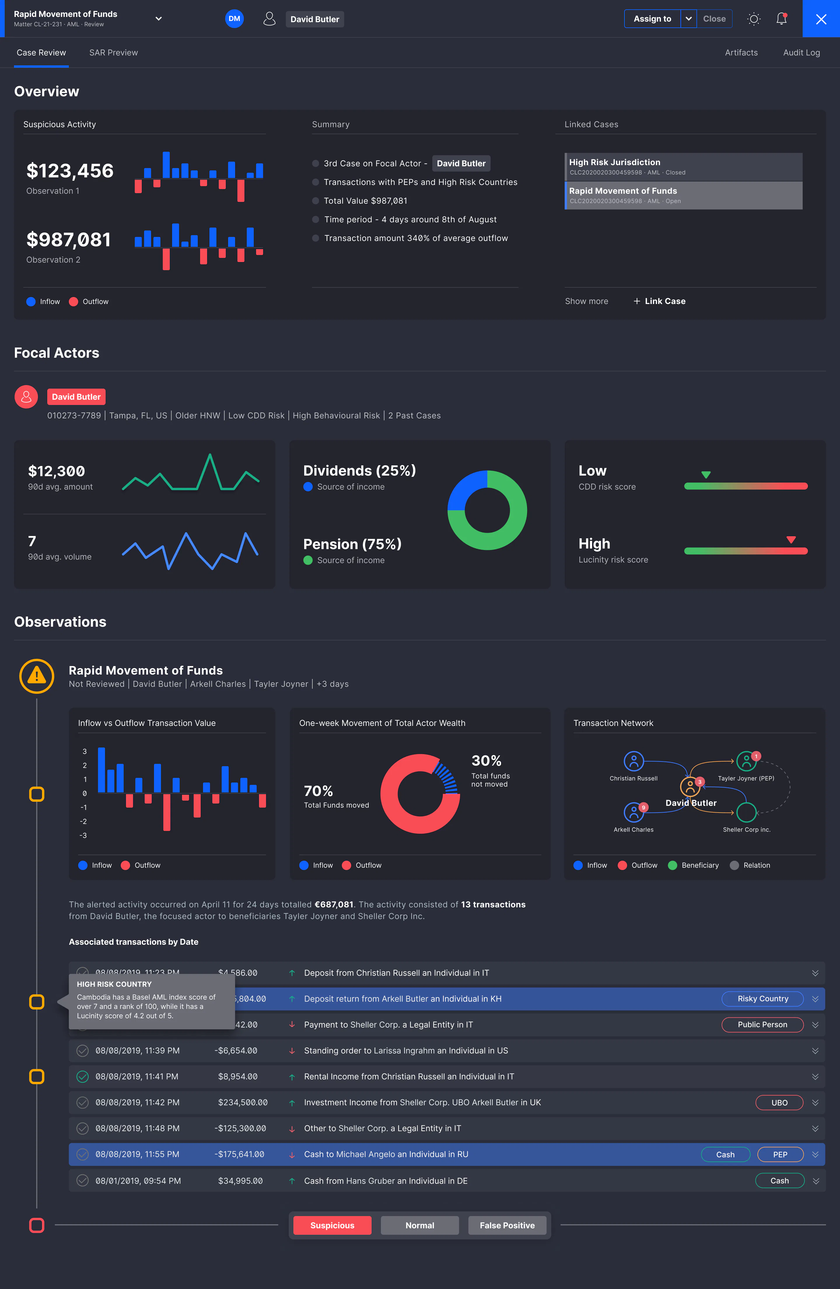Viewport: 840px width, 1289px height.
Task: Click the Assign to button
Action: coord(652,19)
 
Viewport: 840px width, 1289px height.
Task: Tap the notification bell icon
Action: coord(781,19)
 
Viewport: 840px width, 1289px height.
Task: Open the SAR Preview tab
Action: coord(114,53)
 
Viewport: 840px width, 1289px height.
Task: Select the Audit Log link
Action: coord(801,53)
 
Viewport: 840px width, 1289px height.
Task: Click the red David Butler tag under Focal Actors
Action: coord(76,397)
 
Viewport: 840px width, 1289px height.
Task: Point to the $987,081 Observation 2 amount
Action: coord(69,239)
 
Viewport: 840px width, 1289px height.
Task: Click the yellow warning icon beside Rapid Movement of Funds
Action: coord(37,676)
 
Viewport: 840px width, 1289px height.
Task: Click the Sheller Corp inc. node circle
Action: coord(746,812)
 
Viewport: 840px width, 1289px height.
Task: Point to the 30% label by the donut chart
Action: coord(486,761)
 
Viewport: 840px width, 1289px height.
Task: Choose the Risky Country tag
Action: coord(762,999)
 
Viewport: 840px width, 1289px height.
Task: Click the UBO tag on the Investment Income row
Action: coord(779,1103)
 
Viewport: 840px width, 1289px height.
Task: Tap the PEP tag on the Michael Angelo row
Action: coord(780,1155)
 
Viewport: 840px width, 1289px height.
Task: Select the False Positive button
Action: coord(507,1225)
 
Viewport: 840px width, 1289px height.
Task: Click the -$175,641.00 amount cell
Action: coord(239,1154)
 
